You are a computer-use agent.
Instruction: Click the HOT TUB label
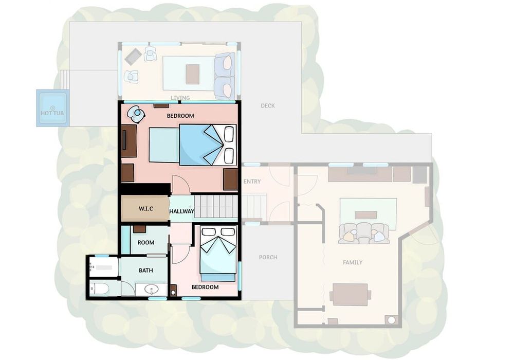[52, 113]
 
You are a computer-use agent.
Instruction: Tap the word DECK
[267, 105]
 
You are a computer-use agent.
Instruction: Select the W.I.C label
[145, 208]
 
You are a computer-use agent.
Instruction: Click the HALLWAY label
[181, 211]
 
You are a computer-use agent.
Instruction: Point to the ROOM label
[146, 243]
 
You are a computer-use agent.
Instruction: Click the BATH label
[146, 271]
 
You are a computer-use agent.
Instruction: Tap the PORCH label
[268, 257]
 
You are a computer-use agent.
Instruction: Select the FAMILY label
[353, 262]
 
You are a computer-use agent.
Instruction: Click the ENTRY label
[252, 182]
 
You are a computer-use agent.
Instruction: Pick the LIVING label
[180, 98]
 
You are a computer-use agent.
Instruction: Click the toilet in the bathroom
[100, 289]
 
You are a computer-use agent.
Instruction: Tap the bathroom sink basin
[152, 290]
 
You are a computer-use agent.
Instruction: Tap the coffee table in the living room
[192, 74]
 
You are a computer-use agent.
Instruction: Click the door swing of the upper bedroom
[181, 185]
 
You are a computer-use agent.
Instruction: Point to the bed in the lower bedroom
[218, 253]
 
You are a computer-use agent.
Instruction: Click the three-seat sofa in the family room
[364, 233]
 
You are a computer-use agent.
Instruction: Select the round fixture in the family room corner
[392, 320]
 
